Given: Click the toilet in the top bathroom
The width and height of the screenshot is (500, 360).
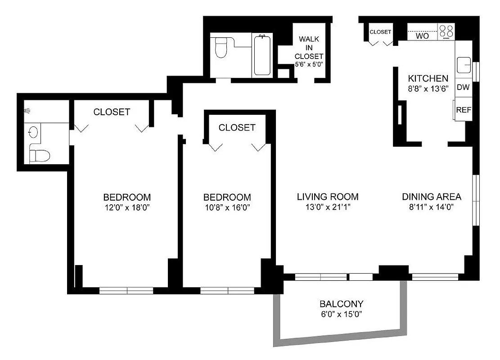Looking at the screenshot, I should click(x=221, y=48).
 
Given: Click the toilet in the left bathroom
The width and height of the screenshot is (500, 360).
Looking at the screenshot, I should click(x=39, y=155).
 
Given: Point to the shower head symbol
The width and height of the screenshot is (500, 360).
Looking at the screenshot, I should click(x=27, y=110).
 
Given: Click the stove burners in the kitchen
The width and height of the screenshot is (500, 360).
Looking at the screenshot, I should click(x=446, y=31).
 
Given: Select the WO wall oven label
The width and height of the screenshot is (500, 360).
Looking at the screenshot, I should click(x=422, y=36).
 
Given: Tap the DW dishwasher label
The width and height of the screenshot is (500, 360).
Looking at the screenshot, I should click(x=463, y=87).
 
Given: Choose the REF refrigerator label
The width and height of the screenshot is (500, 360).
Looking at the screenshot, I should click(x=464, y=110).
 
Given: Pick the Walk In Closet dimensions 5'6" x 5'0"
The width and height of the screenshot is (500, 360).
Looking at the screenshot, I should click(x=309, y=64).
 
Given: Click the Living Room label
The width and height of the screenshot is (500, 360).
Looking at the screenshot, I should click(x=328, y=197).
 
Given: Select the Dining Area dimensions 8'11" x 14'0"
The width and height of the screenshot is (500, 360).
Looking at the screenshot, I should click(x=431, y=207).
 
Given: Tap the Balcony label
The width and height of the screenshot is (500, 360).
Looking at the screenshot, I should click(x=341, y=304).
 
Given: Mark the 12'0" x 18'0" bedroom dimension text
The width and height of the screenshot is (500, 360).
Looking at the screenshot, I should click(x=126, y=207).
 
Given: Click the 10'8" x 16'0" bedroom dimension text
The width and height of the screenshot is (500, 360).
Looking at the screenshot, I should click(x=227, y=207).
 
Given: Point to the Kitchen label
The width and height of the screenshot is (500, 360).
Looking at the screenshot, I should click(x=428, y=78).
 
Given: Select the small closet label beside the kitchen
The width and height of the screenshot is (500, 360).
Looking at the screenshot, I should click(x=380, y=32).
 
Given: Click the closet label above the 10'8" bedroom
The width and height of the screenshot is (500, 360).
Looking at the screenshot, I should click(x=237, y=128).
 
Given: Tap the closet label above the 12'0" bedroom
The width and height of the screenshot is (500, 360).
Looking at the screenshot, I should click(x=112, y=112).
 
